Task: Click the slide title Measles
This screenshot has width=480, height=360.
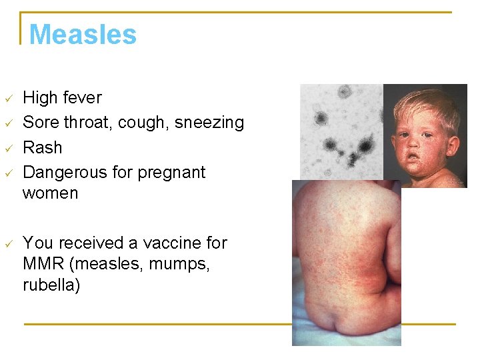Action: click(x=83, y=34)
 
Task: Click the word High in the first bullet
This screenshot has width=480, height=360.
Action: click(x=40, y=98)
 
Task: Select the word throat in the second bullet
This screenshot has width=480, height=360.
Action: click(x=84, y=123)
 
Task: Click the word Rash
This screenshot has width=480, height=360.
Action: click(x=43, y=147)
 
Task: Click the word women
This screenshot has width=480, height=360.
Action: click(x=50, y=193)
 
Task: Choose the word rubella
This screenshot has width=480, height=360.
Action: click(x=51, y=285)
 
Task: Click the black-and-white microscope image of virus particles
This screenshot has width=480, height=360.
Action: click(x=341, y=131)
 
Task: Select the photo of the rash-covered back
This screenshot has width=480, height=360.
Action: click(x=347, y=267)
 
